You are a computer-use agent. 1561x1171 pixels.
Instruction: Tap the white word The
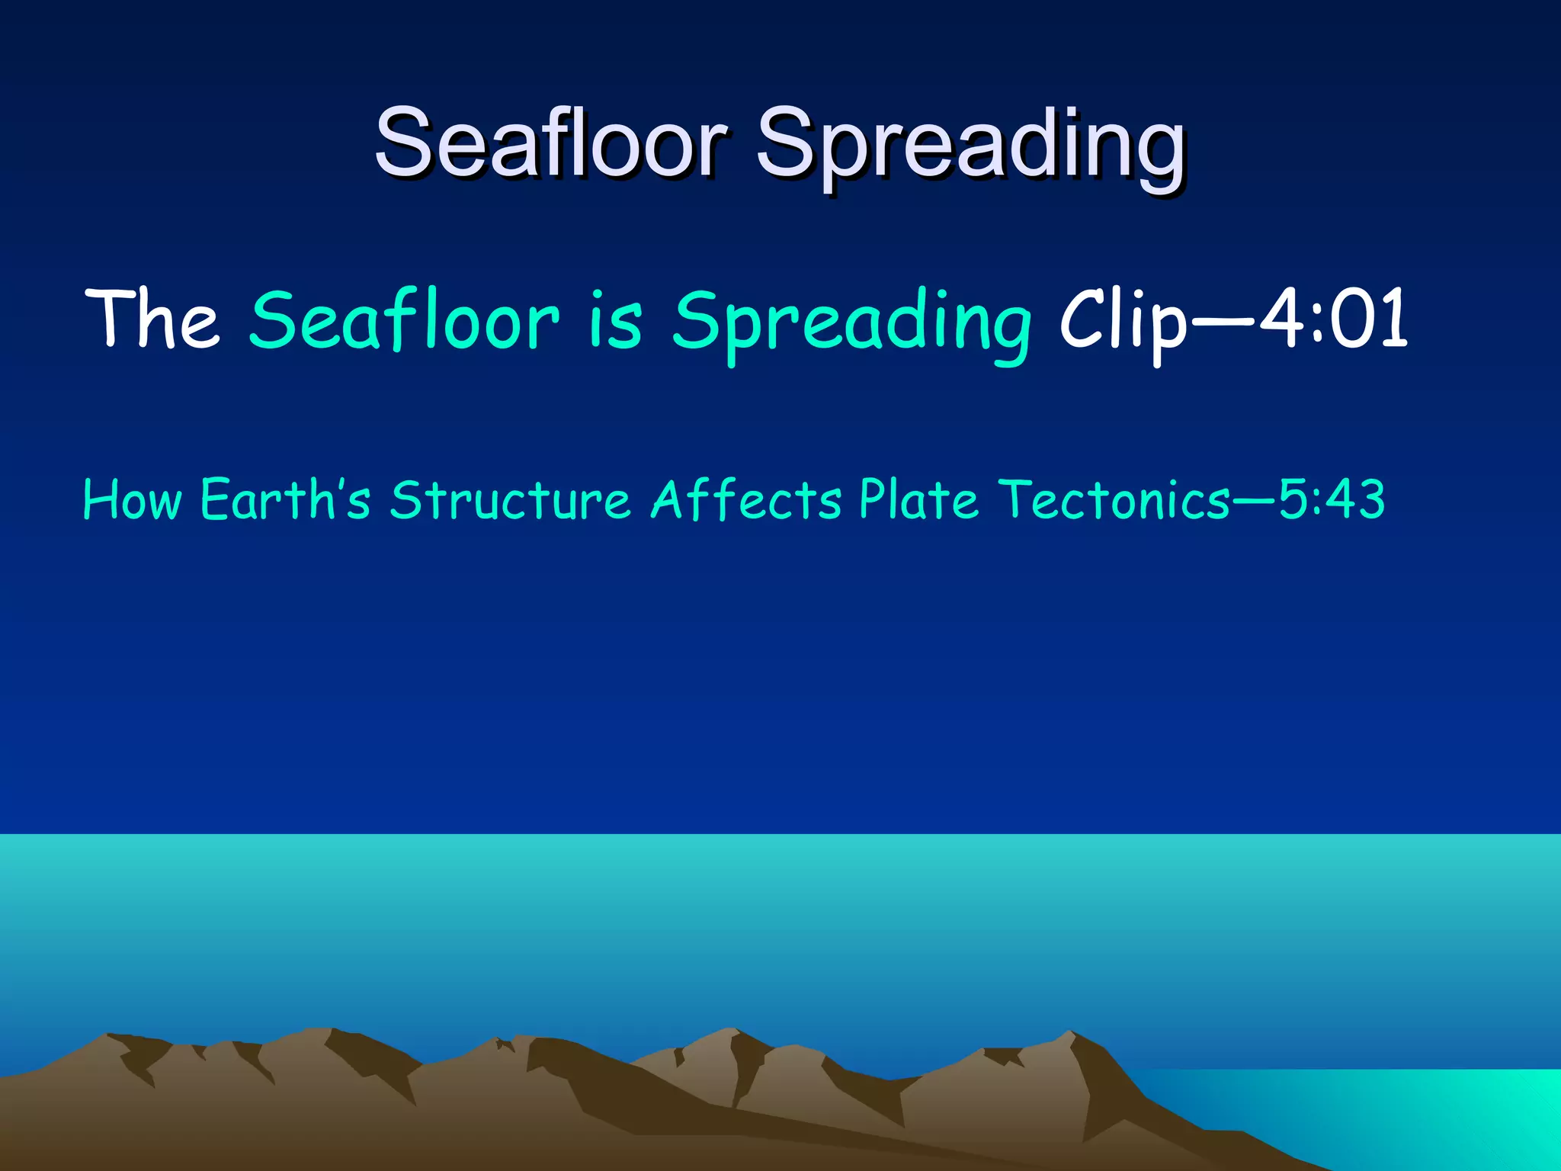(x=152, y=320)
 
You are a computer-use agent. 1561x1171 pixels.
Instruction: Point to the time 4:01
(x=1333, y=320)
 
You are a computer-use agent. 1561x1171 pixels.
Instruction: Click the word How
(x=132, y=500)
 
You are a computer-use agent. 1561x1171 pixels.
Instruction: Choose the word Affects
(x=745, y=500)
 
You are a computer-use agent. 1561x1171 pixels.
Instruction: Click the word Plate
(x=918, y=500)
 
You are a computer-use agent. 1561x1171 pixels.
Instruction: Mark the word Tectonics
(x=1114, y=500)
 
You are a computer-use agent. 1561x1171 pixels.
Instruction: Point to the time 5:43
(x=1331, y=500)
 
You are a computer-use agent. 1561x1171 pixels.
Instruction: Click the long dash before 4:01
(x=1223, y=322)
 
